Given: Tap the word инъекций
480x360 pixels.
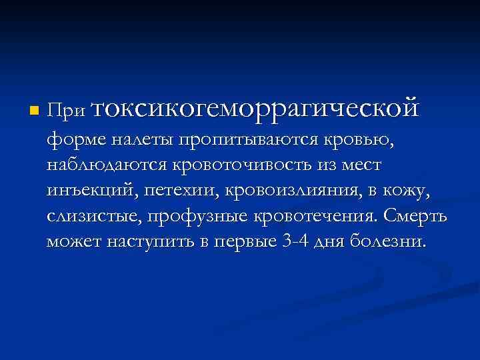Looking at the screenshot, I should (89, 191).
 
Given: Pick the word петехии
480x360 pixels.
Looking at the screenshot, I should (179, 191).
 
